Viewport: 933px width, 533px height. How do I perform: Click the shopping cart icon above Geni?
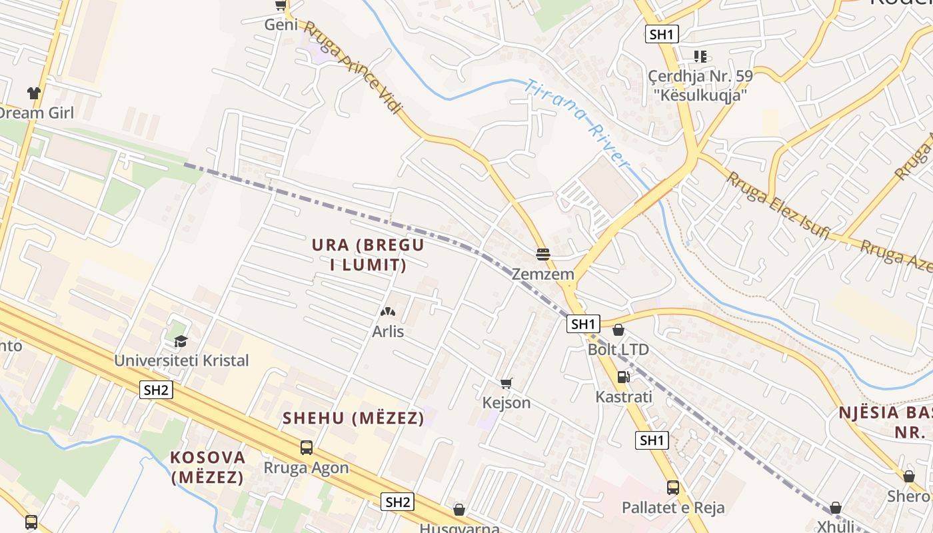tap(281, 5)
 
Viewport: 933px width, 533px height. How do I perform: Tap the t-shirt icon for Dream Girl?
tap(34, 93)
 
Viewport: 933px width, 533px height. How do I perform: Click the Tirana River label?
tap(576, 123)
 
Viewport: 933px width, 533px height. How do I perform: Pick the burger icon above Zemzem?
tap(543, 255)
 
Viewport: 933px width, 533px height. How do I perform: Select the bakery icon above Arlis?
tap(387, 311)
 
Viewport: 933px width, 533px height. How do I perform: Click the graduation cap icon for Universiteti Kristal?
tap(181, 342)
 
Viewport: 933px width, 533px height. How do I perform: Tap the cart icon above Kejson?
tap(506, 383)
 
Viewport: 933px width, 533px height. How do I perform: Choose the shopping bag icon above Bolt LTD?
tap(618, 330)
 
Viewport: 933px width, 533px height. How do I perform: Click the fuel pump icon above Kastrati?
tap(623, 377)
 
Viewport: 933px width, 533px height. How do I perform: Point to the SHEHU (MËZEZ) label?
tap(353, 418)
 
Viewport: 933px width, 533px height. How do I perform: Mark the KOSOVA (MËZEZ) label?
tap(207, 468)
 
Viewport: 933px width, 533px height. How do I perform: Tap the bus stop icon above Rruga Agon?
tap(307, 448)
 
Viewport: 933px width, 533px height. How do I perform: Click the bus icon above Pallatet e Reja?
tap(673, 488)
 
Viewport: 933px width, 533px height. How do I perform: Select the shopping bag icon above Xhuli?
tap(836, 508)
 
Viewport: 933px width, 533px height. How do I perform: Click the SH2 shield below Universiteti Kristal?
tap(156, 390)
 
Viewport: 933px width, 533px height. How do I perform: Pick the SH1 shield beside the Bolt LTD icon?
tap(583, 324)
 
